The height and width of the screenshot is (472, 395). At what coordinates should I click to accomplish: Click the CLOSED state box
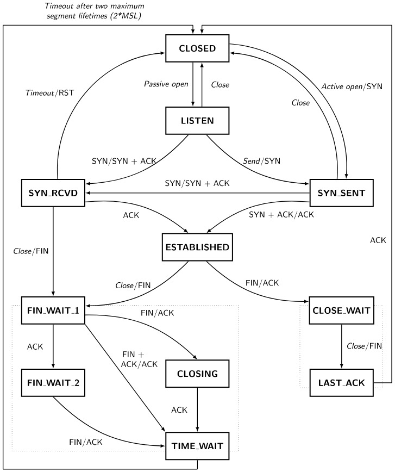tap(197, 48)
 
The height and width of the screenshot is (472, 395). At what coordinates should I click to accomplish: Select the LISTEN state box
tap(197, 120)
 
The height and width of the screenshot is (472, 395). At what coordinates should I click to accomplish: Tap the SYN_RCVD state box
tap(53, 193)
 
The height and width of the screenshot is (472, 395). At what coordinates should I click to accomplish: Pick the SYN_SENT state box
tap(341, 193)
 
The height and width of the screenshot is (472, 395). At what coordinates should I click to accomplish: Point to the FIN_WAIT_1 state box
tap(53, 310)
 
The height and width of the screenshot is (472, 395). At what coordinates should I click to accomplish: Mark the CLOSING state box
tap(197, 374)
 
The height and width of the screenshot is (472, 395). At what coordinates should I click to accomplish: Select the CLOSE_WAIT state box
tap(341, 310)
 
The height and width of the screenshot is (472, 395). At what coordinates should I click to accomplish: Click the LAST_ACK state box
tap(341, 382)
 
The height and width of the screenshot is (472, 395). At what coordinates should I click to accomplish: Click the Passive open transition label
tap(165, 84)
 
